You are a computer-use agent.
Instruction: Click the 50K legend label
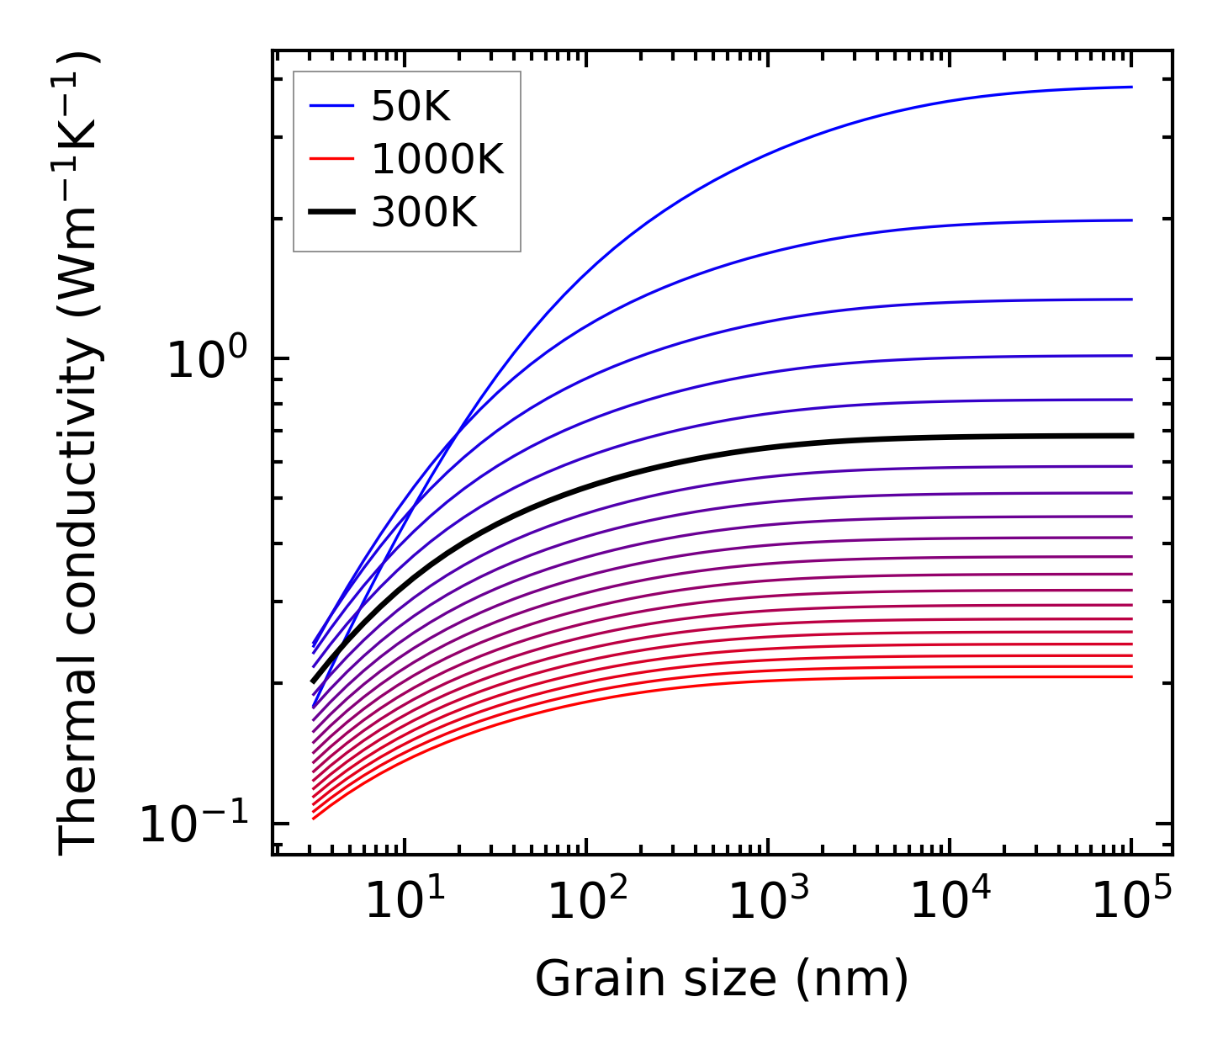click(411, 107)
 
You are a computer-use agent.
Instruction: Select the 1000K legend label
click(437, 160)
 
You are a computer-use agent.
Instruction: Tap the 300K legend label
click(424, 213)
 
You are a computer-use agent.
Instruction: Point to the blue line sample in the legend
click(333, 107)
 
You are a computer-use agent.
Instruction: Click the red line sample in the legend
click(333, 160)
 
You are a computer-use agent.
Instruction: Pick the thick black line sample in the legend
click(333, 213)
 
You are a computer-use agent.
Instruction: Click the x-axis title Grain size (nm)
click(722, 979)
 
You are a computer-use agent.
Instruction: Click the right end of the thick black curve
click(1132, 436)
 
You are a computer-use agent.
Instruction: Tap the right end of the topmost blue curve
click(1132, 87)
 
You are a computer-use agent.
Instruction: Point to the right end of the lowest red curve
click(1132, 676)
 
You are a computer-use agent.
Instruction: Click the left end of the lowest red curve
click(313, 818)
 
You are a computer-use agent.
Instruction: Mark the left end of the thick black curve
click(313, 681)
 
